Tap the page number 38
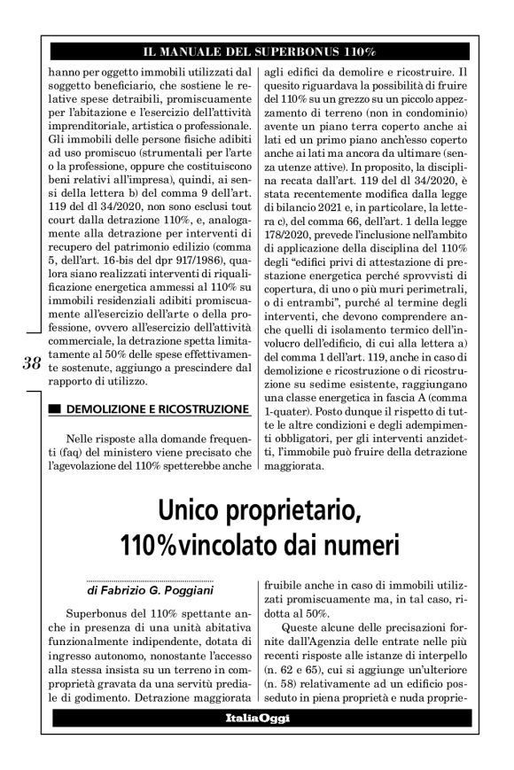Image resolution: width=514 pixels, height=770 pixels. click(33, 362)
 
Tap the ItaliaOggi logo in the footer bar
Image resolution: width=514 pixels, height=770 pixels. click(257, 718)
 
